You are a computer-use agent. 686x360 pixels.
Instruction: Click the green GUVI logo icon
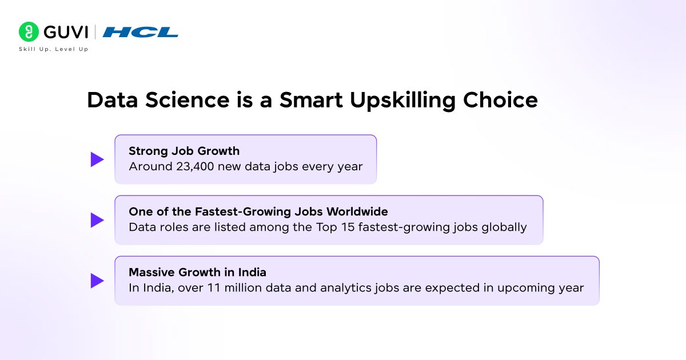click(29, 31)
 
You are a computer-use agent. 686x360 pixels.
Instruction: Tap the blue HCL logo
click(140, 32)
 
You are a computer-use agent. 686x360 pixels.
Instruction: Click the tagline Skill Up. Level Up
click(53, 49)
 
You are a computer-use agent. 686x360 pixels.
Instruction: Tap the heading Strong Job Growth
click(184, 151)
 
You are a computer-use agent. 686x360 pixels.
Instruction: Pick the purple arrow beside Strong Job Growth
click(97, 159)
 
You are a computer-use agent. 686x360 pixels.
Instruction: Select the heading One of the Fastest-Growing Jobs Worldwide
click(258, 212)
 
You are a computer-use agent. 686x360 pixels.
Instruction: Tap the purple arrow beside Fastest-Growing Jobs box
click(97, 220)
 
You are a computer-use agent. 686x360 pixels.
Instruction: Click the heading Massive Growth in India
click(197, 273)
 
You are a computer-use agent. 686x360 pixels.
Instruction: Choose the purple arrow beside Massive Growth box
click(97, 281)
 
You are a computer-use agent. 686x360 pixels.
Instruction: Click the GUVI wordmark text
click(65, 31)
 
